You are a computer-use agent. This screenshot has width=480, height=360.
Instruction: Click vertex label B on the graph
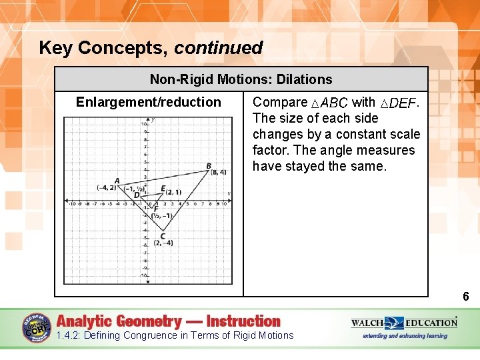coord(209,166)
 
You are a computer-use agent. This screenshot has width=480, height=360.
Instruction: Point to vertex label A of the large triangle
coord(117,181)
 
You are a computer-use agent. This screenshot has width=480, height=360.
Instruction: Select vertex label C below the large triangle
coord(163,236)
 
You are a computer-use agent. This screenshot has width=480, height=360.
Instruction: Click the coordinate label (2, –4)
coord(163,243)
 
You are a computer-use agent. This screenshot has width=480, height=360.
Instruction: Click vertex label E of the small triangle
coord(163,189)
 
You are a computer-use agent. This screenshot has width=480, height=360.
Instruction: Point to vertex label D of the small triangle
coord(137,195)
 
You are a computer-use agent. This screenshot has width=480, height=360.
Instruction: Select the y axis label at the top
coord(153,120)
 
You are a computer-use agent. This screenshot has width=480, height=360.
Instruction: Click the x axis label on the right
coord(229,193)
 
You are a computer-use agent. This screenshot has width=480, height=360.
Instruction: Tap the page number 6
coord(466,297)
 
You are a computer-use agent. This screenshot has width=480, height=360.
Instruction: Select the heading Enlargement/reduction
coord(148,102)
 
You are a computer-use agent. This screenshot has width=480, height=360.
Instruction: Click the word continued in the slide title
coord(219,48)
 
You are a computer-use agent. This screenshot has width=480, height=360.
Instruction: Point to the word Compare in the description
coord(279,102)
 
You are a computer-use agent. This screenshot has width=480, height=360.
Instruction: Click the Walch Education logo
coord(404,323)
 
